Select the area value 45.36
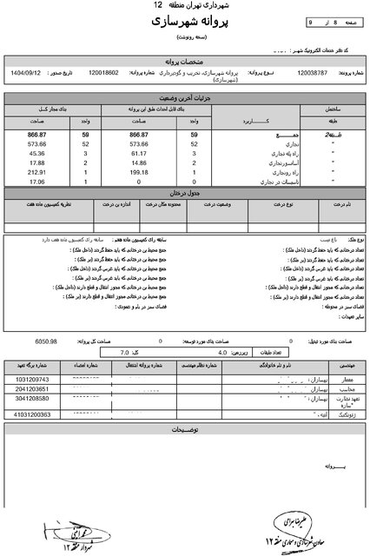(x=36, y=152)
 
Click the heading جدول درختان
(x=184, y=190)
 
